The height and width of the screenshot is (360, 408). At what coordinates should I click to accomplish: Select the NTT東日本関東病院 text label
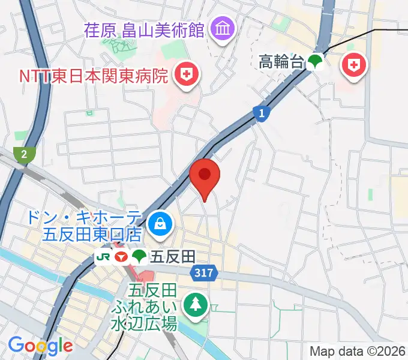pyautogui.click(x=93, y=76)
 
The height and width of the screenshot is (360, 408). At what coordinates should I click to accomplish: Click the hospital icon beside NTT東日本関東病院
pyautogui.click(x=187, y=74)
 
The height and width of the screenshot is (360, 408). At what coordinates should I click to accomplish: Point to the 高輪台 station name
pyautogui.click(x=282, y=61)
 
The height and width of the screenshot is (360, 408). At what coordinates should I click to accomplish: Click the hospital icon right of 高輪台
pyautogui.click(x=354, y=65)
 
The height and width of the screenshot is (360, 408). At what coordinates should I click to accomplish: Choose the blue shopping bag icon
pyautogui.click(x=160, y=224)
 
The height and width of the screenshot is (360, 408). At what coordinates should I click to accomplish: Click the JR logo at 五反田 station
pyautogui.click(x=103, y=257)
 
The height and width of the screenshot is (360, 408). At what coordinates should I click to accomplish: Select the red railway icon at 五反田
pyautogui.click(x=121, y=257)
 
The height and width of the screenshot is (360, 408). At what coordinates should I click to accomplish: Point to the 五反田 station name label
pyautogui.click(x=173, y=257)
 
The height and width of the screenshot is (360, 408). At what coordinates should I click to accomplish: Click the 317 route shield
pyautogui.click(x=204, y=274)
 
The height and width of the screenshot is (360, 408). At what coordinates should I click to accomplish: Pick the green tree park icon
pyautogui.click(x=196, y=305)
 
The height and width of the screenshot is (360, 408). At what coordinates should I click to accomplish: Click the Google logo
pyautogui.click(x=40, y=346)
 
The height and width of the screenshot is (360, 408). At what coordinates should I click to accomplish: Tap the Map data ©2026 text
pyautogui.click(x=358, y=351)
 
